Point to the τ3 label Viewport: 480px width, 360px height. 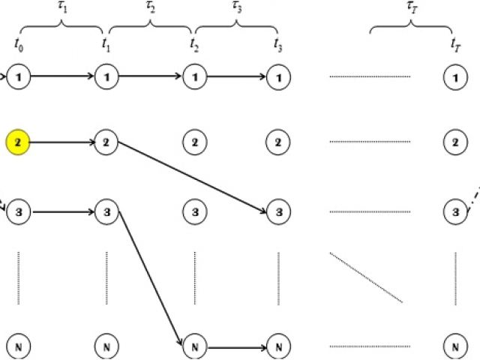point(237,7)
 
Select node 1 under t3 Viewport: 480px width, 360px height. point(278,76)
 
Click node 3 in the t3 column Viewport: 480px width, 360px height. point(278,212)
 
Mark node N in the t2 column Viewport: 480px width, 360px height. point(194,347)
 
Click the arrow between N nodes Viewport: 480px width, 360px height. point(236,347)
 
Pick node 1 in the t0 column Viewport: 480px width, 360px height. point(17,76)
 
